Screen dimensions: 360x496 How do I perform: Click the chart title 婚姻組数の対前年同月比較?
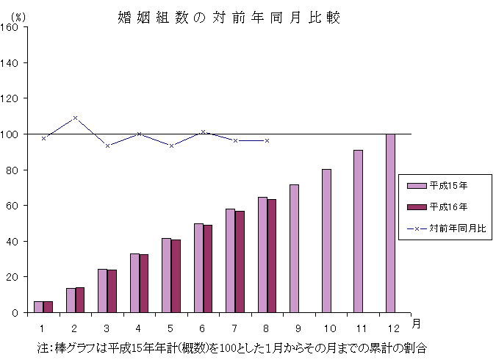coord(229,17)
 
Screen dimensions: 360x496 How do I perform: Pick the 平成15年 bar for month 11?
coord(358,231)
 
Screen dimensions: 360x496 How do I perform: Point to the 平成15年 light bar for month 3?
coord(102,290)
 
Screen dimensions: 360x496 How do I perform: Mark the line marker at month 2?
coord(75,118)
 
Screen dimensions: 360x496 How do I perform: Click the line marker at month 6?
coord(204,132)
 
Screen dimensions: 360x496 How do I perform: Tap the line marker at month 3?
coord(107,145)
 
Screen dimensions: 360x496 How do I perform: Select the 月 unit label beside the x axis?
coord(416,323)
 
